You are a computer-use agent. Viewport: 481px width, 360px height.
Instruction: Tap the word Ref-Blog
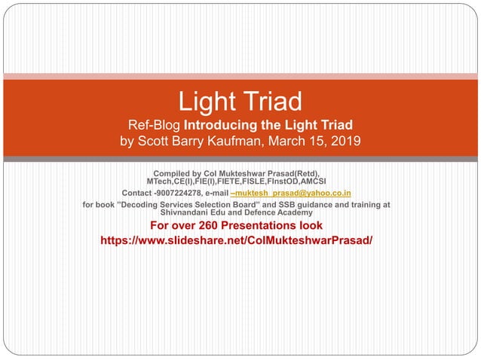tap(156, 124)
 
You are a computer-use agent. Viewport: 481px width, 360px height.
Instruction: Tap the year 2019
tap(347, 141)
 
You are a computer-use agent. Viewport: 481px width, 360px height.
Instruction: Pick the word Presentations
tap(263, 225)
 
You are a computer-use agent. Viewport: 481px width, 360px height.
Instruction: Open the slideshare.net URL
tap(236, 240)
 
